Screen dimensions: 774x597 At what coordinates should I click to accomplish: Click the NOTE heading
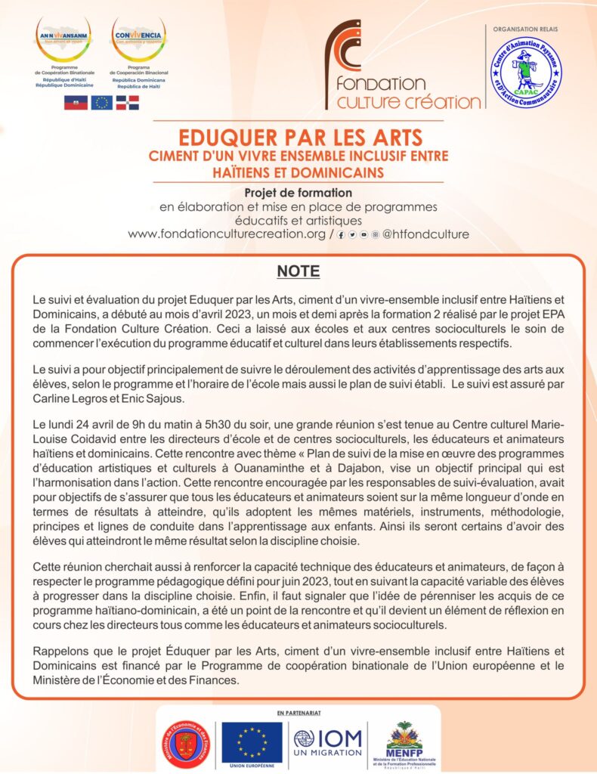point(298,271)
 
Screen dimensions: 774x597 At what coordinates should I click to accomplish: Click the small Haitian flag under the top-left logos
point(76,104)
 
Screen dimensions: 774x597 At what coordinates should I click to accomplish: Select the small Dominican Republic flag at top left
point(128,104)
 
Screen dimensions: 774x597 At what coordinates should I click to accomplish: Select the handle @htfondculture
point(425,234)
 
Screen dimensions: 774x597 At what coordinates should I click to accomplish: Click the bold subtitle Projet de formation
point(299,193)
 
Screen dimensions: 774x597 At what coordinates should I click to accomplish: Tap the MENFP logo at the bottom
point(404,742)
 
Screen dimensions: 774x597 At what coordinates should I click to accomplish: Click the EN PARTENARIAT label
point(298,713)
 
